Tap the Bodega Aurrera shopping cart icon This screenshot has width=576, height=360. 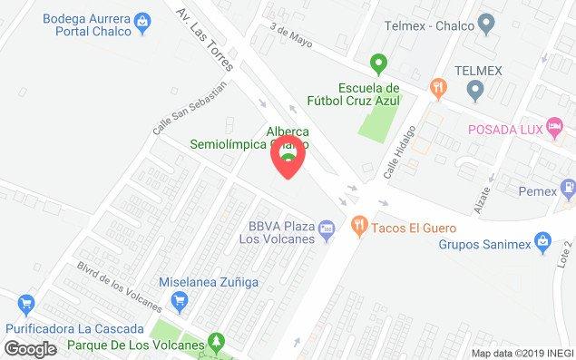coord(142,20)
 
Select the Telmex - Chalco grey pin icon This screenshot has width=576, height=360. coord(487,24)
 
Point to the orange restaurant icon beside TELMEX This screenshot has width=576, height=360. coord(439,87)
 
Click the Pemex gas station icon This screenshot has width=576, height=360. coord(567,191)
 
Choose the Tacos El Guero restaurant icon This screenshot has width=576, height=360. coord(358,227)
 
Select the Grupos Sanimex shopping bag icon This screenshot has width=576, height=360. coord(542,242)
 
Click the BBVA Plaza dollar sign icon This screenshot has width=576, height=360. coord(327,232)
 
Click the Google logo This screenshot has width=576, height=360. coord(30,348)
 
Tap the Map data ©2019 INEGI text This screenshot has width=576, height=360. coord(521,353)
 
